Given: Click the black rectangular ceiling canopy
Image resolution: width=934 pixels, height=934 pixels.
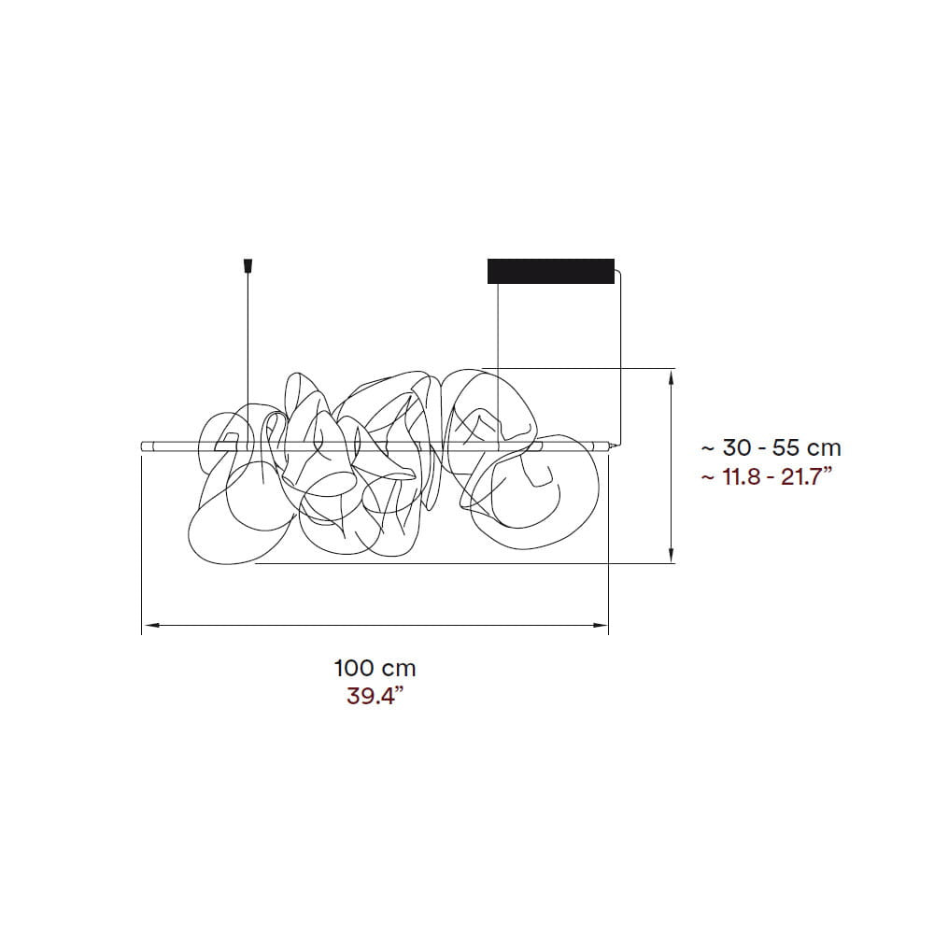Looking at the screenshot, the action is point(551,271).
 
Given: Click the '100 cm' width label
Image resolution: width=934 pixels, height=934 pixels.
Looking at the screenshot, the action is point(375,668).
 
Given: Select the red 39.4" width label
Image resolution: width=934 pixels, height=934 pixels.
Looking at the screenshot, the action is point(371,696).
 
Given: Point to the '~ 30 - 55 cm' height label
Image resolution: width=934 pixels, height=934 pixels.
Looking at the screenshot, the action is point(771,447).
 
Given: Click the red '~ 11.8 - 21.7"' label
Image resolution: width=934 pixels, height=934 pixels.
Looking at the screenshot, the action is point(767,476).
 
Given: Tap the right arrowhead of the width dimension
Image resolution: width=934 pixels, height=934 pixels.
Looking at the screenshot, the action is point(600,625).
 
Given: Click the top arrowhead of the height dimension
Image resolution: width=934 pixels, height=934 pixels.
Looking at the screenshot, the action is point(672,377).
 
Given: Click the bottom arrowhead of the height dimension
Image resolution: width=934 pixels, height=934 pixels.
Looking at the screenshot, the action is point(672,554).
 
